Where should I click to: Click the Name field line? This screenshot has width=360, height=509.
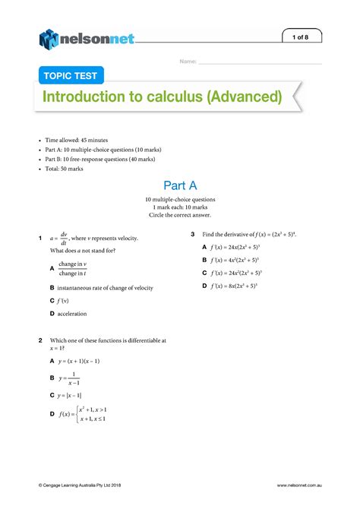pyautogui.click(x=259, y=62)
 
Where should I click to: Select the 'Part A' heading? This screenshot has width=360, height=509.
pyautogui.click(x=180, y=186)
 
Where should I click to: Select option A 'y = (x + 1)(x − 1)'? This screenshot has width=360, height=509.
pyautogui.click(x=80, y=361)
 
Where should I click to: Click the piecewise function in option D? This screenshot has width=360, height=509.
pyautogui.click(x=84, y=415)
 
